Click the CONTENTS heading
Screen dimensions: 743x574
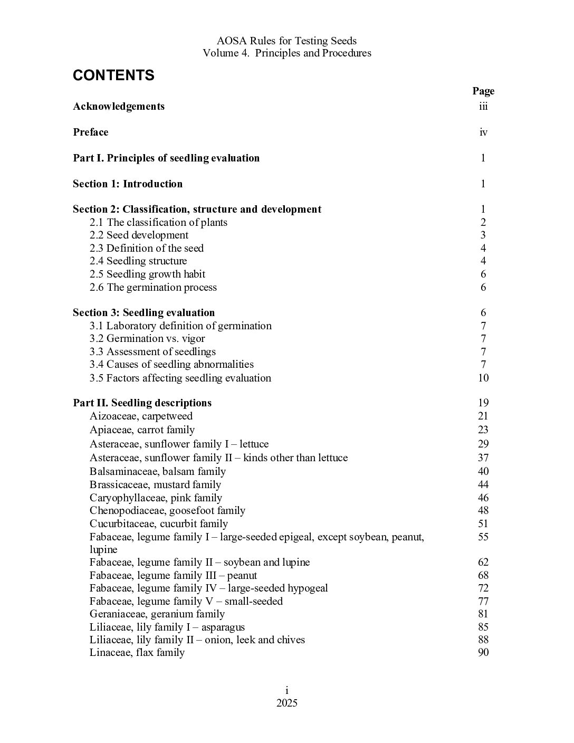tap(113, 75)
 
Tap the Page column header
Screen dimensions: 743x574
tap(483, 91)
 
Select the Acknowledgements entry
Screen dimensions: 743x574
tap(119, 106)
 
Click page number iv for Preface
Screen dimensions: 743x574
tap(483, 132)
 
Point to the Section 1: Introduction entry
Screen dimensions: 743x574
tap(128, 184)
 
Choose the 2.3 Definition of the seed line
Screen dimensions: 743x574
tap(146, 248)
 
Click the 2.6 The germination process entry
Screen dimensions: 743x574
tap(153, 287)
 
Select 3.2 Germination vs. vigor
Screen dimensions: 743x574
tap(147, 338)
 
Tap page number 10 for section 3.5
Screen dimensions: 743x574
tap(483, 378)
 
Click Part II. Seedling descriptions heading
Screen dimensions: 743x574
tap(142, 403)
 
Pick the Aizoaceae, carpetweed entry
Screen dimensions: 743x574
tap(141, 416)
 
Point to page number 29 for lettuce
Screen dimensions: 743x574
tap(483, 444)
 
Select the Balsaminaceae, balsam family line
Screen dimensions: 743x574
tap(157, 471)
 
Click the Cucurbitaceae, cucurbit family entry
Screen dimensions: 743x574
tap(158, 523)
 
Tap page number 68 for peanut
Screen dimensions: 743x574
tap(483, 575)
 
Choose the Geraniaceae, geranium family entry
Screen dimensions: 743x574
tap(157, 614)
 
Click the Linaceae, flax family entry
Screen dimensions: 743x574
tap(137, 652)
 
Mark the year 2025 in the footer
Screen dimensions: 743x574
tap(287, 703)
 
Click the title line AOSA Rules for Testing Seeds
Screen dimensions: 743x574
tap(286, 41)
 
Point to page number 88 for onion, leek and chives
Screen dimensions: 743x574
tap(483, 640)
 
